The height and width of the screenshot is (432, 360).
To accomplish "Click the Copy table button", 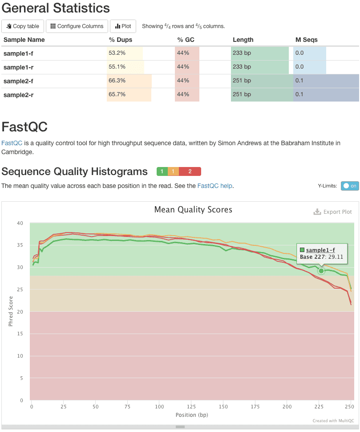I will pos(23,26).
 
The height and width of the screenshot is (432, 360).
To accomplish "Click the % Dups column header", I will pos(118,40).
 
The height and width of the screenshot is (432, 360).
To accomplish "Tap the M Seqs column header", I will pos(307,40).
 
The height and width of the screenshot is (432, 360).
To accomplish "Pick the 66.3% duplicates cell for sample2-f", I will pos(117,81).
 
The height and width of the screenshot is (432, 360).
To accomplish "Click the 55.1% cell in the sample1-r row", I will pos(117,67).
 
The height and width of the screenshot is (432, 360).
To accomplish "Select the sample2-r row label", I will pos(19,94).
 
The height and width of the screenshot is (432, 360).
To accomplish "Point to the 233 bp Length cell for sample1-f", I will pos(242,53).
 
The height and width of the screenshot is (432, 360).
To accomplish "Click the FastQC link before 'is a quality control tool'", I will pos(12,143).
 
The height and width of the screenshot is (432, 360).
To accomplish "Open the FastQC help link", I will pos(215,186).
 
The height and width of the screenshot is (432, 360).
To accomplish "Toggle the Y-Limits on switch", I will pos(350,186).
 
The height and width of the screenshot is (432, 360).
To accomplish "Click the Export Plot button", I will pos(333,212).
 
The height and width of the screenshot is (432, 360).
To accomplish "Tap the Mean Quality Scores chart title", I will pos(193,209).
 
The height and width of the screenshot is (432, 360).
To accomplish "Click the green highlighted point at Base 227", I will pos(321,271).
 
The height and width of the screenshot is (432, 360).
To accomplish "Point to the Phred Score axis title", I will pos(11,311).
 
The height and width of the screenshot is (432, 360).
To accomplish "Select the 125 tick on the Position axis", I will pos(191,407).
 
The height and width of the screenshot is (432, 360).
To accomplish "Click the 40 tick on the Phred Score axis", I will pos(20,223).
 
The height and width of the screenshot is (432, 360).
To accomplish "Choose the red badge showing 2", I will pos(190,171).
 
